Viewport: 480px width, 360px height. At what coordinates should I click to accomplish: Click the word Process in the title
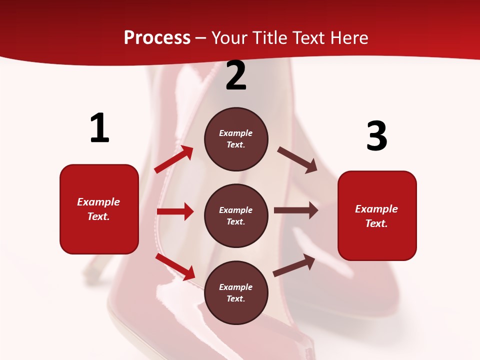pos(157,38)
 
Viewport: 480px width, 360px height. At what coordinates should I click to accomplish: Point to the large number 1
pos(99,128)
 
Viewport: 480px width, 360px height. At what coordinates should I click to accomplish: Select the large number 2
pos(236,76)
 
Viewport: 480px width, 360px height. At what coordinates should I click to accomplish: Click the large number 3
pos(376,136)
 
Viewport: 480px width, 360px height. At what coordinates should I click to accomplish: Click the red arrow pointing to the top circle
pos(174,159)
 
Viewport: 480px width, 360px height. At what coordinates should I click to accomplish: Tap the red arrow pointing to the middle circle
pos(175,211)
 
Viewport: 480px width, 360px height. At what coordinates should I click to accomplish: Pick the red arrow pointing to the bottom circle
pos(175,266)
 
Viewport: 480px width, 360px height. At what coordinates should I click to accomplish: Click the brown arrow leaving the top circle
pos(297,159)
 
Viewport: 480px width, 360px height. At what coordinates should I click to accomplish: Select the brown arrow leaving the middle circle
pos(296,210)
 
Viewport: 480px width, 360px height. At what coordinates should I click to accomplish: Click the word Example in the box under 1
pos(98,202)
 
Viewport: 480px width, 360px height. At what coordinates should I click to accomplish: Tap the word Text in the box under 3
pos(375,223)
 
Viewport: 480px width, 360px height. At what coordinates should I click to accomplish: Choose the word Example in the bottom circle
pos(236,287)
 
